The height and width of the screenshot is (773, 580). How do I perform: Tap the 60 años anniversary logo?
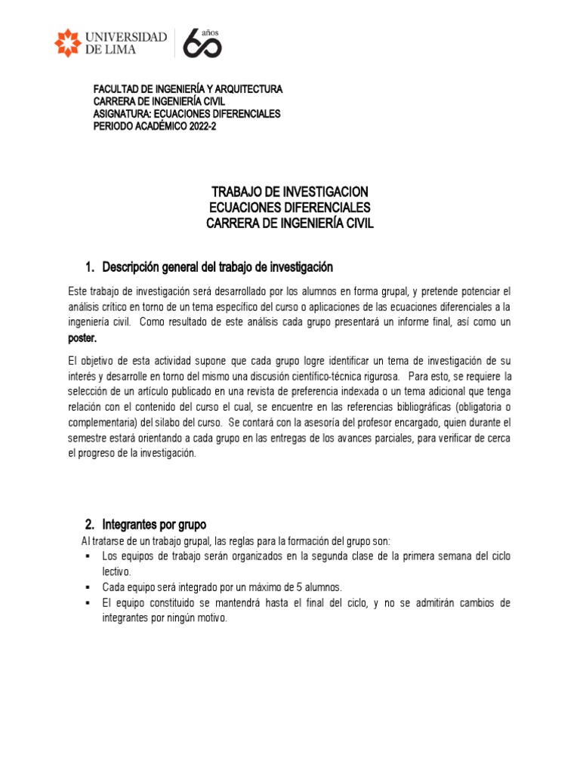[x=202, y=44]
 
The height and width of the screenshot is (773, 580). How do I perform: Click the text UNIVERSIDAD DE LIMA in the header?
[x=126, y=43]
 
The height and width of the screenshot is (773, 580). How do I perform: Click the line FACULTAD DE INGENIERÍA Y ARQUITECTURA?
[x=187, y=89]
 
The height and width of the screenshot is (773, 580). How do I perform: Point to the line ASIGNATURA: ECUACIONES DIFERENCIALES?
[x=187, y=114]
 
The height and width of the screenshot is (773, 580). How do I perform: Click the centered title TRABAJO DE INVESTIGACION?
[x=290, y=192]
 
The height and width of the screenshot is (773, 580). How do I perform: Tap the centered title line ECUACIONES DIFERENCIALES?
[x=290, y=208]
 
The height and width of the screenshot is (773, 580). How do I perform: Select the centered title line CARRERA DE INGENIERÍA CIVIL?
[x=290, y=223]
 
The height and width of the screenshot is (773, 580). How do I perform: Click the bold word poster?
[x=83, y=338]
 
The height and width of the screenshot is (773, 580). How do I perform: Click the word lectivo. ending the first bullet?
[x=117, y=571]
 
